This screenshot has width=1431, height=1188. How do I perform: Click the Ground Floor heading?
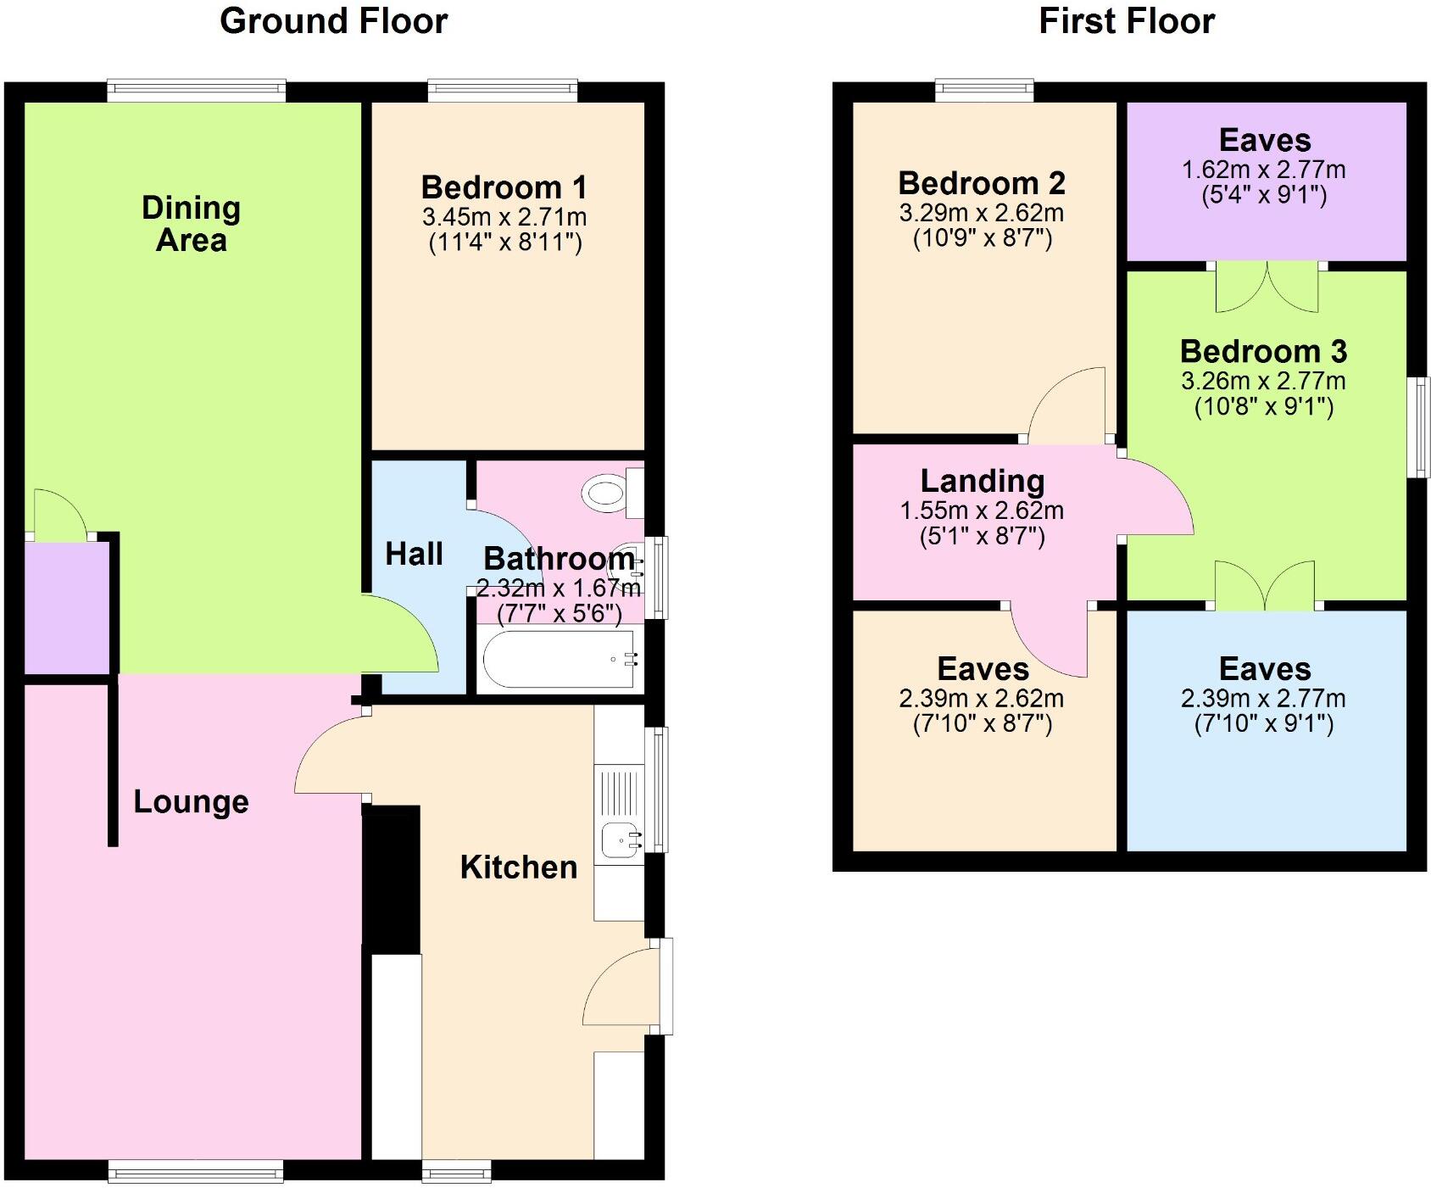click(x=333, y=21)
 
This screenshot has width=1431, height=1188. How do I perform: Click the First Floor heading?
click(x=1126, y=21)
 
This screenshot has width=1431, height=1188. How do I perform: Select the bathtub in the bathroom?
click(x=558, y=659)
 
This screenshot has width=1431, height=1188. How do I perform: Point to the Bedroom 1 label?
click(x=504, y=187)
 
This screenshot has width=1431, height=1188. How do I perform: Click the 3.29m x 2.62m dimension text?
click(x=981, y=213)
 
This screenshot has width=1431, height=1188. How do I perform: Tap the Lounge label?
click(x=191, y=801)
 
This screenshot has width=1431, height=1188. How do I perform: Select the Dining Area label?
click(x=191, y=224)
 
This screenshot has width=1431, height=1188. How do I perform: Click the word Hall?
click(x=414, y=554)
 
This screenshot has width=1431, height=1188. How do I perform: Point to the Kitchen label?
click(x=518, y=867)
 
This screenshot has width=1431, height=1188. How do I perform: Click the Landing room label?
click(x=982, y=481)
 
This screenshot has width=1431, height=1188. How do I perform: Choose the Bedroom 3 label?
click(x=1263, y=351)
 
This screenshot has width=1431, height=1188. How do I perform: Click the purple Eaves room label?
click(x=1264, y=140)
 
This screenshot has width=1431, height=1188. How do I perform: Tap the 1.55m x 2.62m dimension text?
click(x=981, y=510)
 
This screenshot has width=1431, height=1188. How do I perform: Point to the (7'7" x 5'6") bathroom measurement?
click(x=559, y=613)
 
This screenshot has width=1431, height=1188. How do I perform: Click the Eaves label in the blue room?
click(x=1264, y=669)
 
